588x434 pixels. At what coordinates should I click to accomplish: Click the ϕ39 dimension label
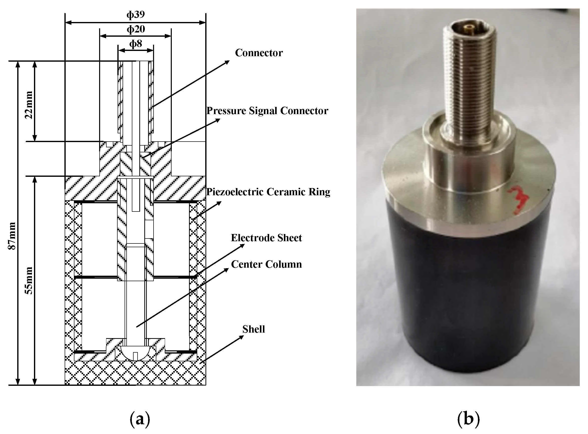click(136, 14)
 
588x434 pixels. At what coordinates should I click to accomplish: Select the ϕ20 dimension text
click(136, 29)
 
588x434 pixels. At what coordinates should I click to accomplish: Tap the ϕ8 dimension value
click(136, 44)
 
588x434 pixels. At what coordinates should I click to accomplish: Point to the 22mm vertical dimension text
click(29, 105)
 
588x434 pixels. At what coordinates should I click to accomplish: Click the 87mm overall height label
click(12, 236)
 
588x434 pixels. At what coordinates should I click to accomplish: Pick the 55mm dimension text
click(29, 281)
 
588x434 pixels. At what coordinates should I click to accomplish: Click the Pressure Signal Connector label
click(267, 111)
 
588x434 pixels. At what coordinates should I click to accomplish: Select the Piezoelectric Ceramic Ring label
click(268, 192)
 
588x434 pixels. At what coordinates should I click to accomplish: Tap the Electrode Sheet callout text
click(266, 238)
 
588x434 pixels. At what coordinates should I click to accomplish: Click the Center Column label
click(266, 264)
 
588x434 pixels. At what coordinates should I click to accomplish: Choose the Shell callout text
click(253, 329)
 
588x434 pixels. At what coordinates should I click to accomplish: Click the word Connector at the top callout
click(259, 53)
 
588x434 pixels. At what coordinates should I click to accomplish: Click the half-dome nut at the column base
click(136, 353)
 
